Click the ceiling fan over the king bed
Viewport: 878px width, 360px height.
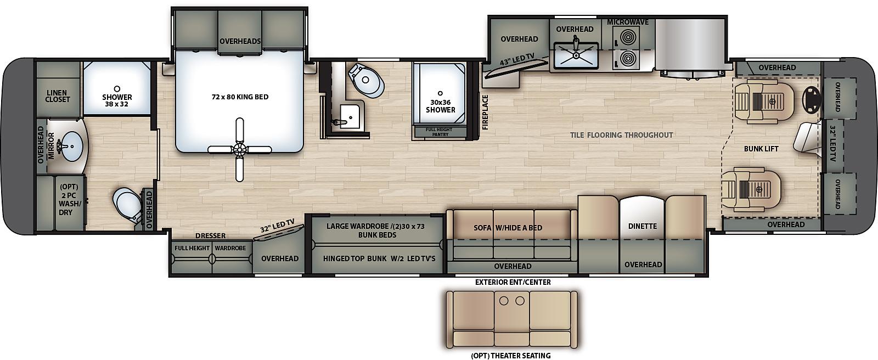pos(239,149)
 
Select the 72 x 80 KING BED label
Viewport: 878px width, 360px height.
pos(240,97)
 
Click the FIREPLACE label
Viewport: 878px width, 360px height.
pos(485,112)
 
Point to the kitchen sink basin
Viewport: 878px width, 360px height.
pos(576,55)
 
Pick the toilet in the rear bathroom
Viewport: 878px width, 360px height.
pos(128,205)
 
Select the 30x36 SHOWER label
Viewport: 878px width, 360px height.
pos(440,106)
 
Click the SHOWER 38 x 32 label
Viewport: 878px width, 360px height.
pos(117,100)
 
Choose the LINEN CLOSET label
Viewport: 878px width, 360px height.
pos(58,96)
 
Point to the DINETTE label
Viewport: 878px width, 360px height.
pos(643,226)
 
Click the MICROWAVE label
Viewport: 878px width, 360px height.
pos(628,22)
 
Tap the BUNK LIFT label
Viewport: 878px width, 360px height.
pos(761,149)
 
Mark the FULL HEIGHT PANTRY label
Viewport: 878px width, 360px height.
pos(440,132)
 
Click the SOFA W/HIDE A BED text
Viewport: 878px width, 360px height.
pos(508,228)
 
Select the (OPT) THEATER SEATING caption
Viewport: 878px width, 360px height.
pos(511,356)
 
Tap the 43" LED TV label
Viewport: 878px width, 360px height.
pos(517,60)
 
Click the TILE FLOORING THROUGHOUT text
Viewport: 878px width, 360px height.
pos(621,135)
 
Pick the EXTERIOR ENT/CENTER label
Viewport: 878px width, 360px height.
pos(513,282)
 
